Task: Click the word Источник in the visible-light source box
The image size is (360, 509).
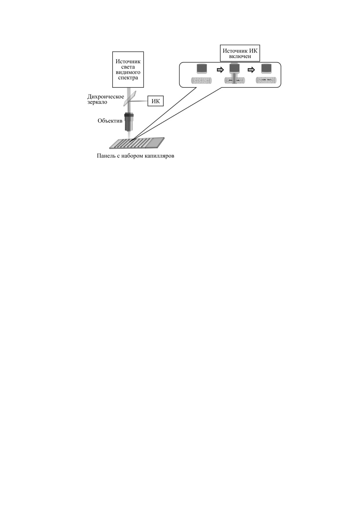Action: coord(128,62)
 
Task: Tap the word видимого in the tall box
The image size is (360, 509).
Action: coord(128,72)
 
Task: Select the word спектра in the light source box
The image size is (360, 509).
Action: coord(128,78)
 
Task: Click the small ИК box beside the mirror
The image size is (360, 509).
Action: coord(156,101)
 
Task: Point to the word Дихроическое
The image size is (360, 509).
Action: coord(106,97)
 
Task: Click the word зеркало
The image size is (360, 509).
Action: coord(97,102)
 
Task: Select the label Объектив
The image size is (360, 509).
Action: coord(110,121)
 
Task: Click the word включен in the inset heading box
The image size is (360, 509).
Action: coord(240,56)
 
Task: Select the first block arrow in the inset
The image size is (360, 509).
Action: coord(221,70)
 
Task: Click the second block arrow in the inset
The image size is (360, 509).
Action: coord(251,70)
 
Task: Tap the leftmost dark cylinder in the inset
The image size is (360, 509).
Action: coord(202,69)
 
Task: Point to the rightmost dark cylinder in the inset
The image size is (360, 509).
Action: coord(267,69)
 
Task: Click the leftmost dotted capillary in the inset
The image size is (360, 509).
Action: coord(201,80)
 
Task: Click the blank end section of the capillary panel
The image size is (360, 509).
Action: coord(155,142)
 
